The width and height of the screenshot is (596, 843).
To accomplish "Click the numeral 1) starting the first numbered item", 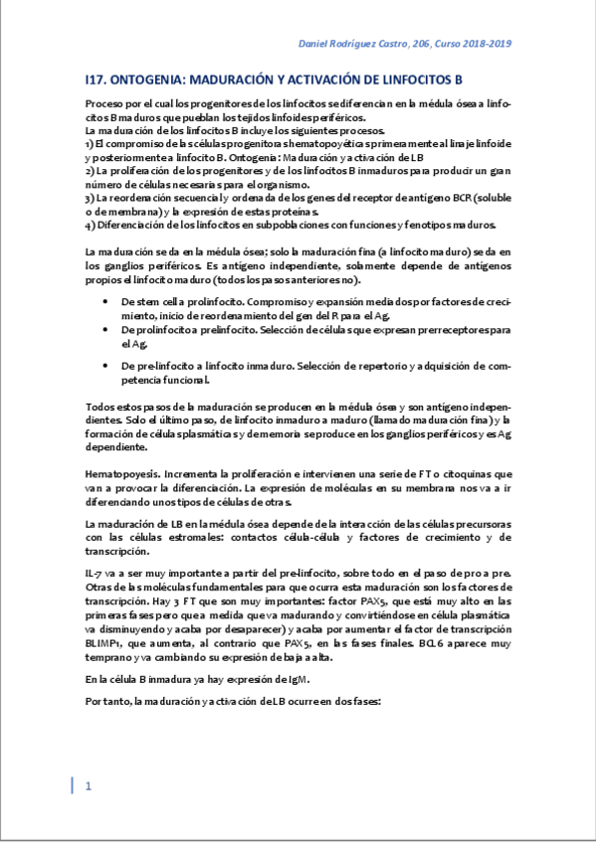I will pyautogui.click(x=90, y=144).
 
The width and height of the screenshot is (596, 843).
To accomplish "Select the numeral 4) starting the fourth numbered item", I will pyautogui.click(x=90, y=224).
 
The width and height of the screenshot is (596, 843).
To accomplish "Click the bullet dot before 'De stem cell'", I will pyautogui.click(x=106, y=300).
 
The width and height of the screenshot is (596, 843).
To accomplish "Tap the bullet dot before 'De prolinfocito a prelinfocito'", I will pyautogui.click(x=106, y=328).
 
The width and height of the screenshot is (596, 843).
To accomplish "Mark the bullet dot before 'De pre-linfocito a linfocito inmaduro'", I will pyautogui.click(x=106, y=366).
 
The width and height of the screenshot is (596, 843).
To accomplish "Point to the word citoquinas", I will pyautogui.click(x=472, y=473).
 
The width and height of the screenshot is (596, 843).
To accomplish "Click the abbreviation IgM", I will pyautogui.click(x=297, y=680).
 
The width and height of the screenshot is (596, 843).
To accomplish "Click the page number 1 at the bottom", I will pyautogui.click(x=89, y=786).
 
